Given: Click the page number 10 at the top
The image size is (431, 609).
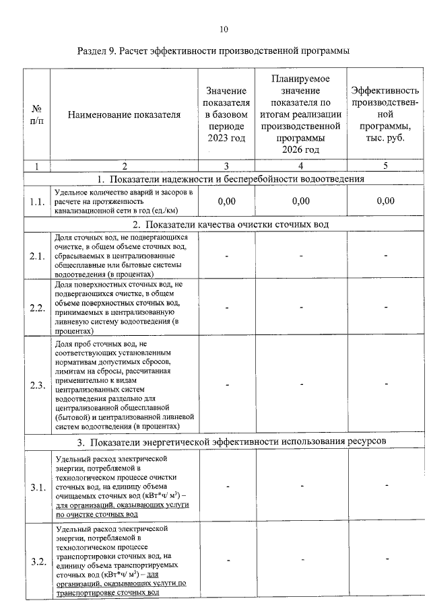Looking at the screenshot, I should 224,29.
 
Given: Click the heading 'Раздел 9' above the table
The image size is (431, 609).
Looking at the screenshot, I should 213,52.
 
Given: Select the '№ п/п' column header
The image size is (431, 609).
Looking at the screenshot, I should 36,115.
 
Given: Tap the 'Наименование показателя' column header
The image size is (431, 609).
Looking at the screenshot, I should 125,115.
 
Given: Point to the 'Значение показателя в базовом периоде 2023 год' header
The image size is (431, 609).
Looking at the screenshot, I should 226,114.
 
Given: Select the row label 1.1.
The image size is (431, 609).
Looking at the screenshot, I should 36,201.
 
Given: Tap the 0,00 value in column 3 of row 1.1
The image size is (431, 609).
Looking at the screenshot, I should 226,201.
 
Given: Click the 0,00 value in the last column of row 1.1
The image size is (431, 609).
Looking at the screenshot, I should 386,201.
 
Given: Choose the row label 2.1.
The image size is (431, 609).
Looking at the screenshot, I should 36,256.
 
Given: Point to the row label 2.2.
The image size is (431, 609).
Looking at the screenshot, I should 36,308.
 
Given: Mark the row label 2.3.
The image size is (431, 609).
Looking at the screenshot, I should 36,385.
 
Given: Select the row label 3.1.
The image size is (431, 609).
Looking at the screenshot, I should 36,487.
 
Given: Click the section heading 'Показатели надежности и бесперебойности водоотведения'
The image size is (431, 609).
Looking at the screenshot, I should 230,179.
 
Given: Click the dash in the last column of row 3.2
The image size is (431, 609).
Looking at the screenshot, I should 387,559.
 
